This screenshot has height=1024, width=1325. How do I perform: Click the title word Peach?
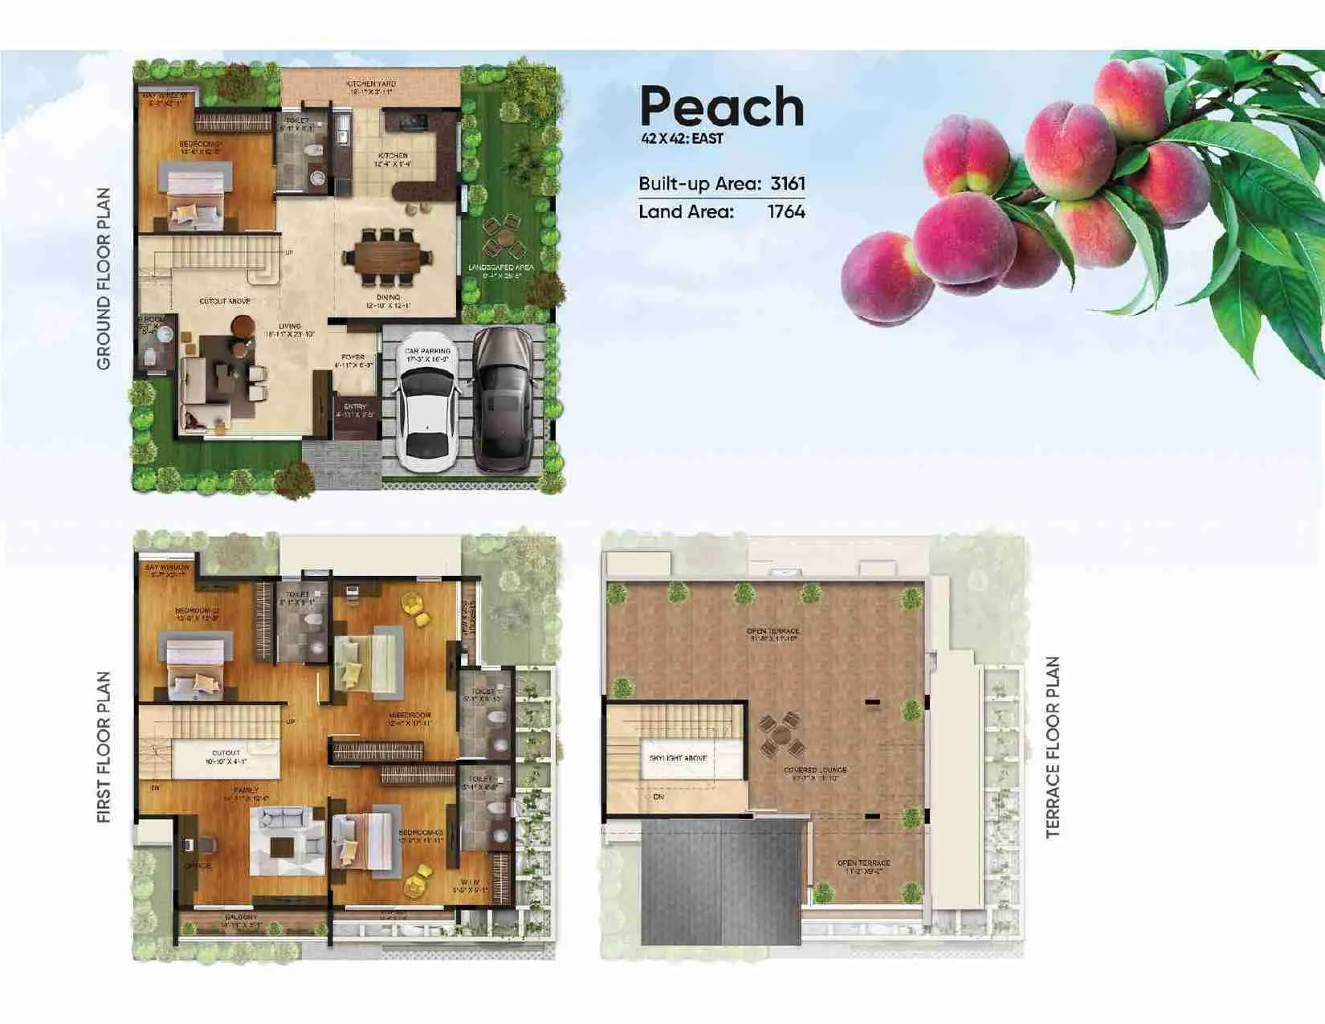(721, 108)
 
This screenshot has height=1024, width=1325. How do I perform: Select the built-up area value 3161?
(787, 183)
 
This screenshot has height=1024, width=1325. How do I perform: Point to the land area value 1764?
(785, 212)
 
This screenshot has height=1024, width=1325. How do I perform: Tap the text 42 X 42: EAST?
(682, 139)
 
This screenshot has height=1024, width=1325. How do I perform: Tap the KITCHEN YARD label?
(371, 84)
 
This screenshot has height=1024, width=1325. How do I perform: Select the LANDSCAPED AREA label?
(502, 267)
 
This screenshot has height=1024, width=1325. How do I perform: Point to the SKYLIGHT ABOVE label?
(678, 757)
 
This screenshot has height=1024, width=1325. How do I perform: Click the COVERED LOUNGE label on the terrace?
(815, 770)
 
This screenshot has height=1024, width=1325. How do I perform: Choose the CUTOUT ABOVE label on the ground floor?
(225, 301)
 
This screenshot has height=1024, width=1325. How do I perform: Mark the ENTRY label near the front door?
(354, 407)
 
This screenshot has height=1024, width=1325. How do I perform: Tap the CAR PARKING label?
(427, 351)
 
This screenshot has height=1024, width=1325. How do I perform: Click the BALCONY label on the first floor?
(241, 917)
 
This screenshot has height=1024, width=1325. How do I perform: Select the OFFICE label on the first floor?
(197, 866)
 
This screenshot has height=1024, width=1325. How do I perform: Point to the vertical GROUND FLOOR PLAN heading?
(104, 279)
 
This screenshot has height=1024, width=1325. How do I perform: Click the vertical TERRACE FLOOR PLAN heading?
(1053, 748)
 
